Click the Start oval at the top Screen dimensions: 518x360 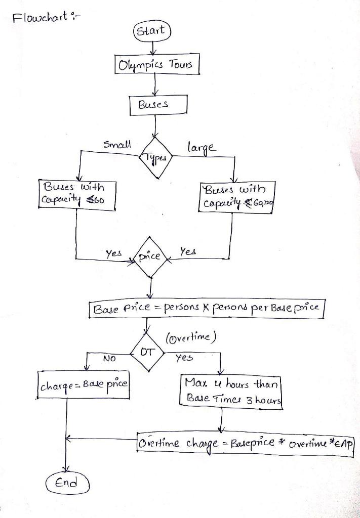152,31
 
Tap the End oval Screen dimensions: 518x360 67,483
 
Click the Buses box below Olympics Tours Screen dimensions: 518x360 158,105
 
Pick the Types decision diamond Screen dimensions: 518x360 156,157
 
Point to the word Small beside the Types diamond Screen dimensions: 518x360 117,144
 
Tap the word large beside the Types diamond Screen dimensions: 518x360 201,148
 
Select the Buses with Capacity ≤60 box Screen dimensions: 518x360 77,193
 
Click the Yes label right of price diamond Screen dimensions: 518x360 188,251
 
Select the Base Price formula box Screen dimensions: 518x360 207,309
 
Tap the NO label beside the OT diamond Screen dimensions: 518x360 109,359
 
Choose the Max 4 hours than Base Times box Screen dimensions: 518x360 230,388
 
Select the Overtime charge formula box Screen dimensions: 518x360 245,444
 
